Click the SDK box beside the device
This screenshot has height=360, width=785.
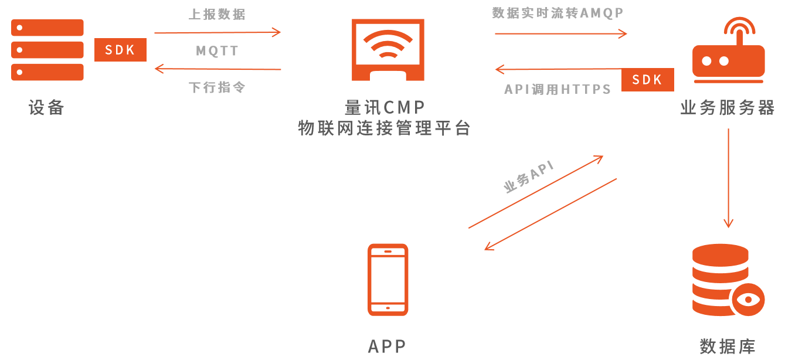[120, 50]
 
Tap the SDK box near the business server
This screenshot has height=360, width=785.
[647, 80]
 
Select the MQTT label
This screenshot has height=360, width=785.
[217, 51]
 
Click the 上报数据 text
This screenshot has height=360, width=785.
[217, 15]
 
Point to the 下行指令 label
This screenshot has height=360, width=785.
[217, 87]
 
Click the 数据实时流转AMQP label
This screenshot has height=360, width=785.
[557, 13]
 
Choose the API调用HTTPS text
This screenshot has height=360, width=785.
[558, 89]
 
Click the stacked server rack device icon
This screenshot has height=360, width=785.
[47, 50]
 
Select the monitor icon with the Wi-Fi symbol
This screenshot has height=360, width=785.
[388, 50]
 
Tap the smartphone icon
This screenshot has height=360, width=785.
[388, 279]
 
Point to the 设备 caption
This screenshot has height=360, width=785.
[46, 107]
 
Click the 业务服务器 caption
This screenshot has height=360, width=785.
[728, 108]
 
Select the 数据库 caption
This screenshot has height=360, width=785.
[728, 347]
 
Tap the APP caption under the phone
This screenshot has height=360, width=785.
[387, 347]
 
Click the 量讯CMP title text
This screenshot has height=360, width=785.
[385, 107]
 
